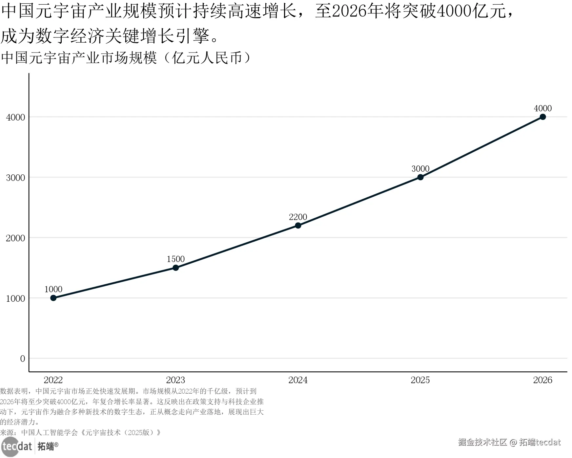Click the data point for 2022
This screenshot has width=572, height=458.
tap(53, 298)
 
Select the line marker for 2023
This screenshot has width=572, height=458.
tap(176, 268)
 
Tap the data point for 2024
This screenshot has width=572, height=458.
tap(298, 225)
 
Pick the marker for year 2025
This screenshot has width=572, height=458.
tap(420, 177)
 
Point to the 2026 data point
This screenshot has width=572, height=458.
tap(542, 117)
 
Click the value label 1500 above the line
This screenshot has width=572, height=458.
tap(176, 259)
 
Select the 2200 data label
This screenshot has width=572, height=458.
tap(298, 217)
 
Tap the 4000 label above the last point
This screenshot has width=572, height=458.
tap(542, 108)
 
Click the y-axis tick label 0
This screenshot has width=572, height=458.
tap(23, 359)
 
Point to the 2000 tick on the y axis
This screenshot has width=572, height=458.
tap(15, 238)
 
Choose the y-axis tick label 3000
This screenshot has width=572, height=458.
tap(15, 178)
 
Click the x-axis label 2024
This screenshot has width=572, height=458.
tap(298, 380)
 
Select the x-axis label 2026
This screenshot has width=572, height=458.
tap(542, 380)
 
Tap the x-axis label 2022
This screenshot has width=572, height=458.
tap(53, 380)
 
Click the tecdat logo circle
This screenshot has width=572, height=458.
tap(10, 447)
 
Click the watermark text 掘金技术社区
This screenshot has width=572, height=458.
tap(482, 442)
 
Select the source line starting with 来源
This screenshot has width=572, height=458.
tap(80, 432)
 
